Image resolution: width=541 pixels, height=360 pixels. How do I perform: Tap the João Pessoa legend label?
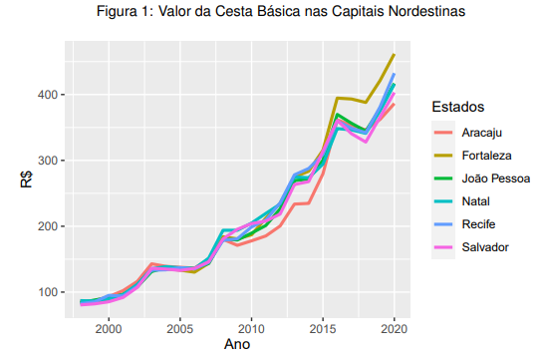(x=496, y=179)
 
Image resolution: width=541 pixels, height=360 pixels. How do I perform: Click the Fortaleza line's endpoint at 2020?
(x=395, y=55)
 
